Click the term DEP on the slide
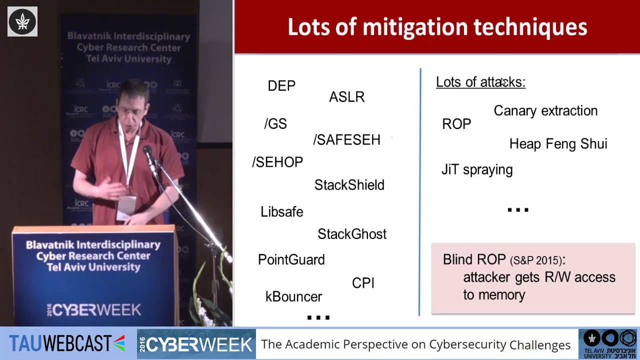281,86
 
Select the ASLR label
346,97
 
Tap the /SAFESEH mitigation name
346,140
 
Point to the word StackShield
349,185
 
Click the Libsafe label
281,212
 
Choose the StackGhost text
352,234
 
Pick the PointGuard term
291,260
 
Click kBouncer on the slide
293,296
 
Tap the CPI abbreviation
363,283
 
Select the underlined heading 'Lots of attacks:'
480,82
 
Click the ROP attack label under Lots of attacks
456,124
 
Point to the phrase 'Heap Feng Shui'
558,144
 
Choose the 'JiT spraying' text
477,170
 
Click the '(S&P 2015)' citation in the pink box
537,260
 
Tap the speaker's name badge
126,205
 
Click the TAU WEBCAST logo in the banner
67,343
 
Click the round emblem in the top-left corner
22,21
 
